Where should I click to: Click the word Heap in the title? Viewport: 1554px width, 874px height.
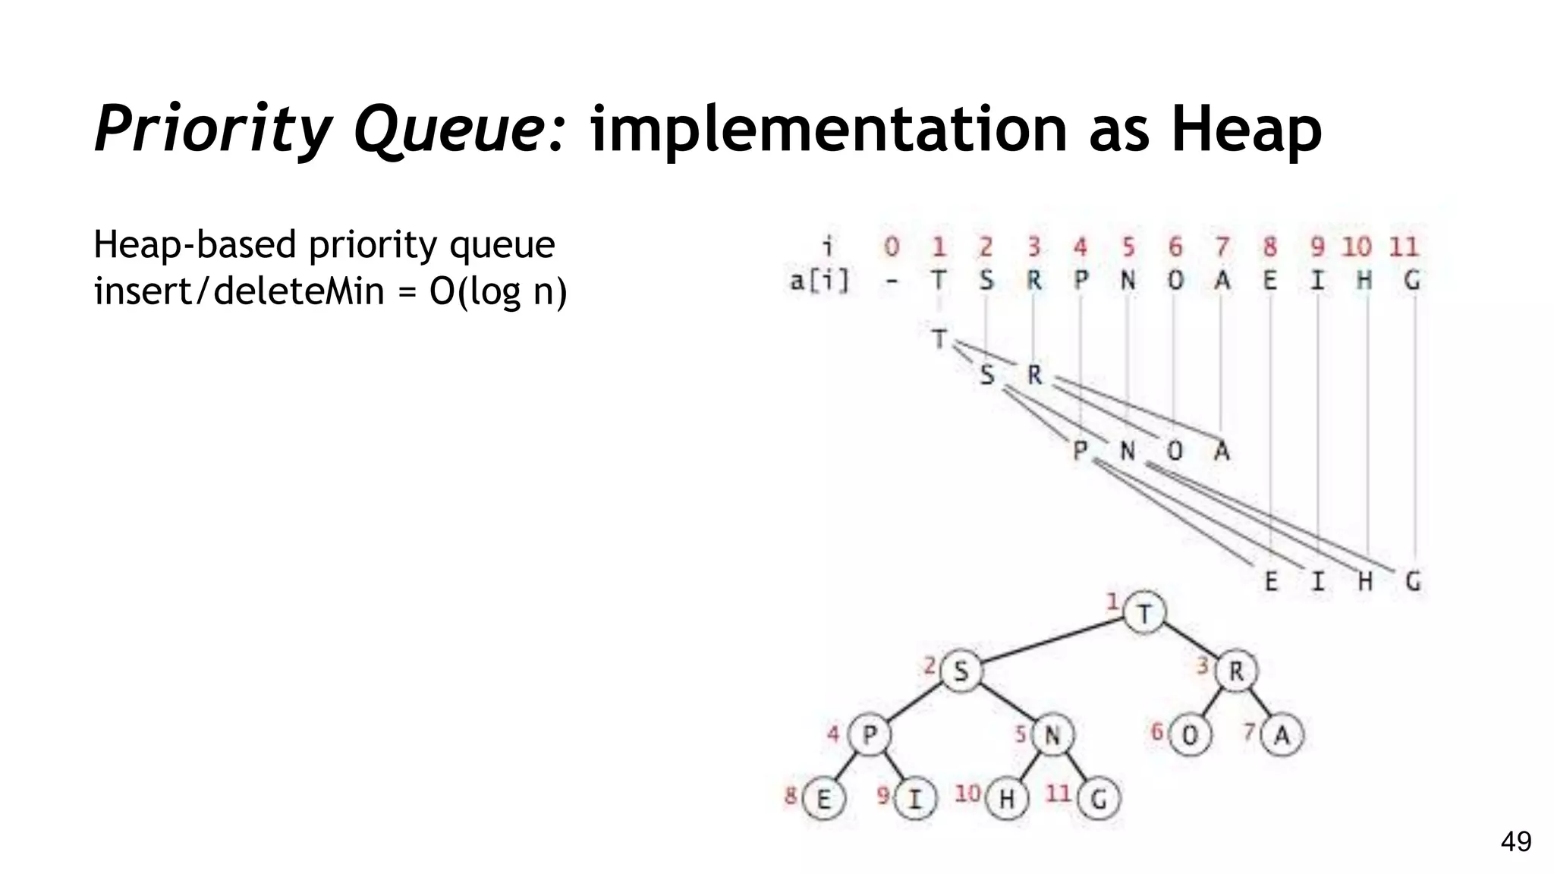point(1246,130)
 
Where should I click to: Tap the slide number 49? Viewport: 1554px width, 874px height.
point(1516,841)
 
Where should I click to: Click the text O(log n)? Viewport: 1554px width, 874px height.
point(498,291)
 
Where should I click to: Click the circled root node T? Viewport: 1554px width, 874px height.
point(1143,613)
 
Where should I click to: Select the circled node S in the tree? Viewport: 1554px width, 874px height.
point(961,671)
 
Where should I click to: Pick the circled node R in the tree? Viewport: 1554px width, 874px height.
point(1236,671)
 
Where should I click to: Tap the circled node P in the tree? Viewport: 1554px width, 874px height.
point(870,734)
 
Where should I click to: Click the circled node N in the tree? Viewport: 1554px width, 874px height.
point(1052,734)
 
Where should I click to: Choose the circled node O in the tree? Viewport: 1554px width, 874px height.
point(1190,734)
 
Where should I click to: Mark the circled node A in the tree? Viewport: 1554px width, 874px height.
point(1282,734)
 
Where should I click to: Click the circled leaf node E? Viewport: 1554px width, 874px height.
point(823,798)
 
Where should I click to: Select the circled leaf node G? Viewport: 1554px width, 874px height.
point(1099,798)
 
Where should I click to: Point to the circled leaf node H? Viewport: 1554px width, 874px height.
point(1007,798)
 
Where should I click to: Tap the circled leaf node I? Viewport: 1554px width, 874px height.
point(915,798)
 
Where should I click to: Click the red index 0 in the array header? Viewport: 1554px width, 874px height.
point(892,247)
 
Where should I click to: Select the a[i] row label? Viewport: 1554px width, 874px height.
point(819,281)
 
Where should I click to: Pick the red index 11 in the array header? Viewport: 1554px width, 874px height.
point(1404,247)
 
